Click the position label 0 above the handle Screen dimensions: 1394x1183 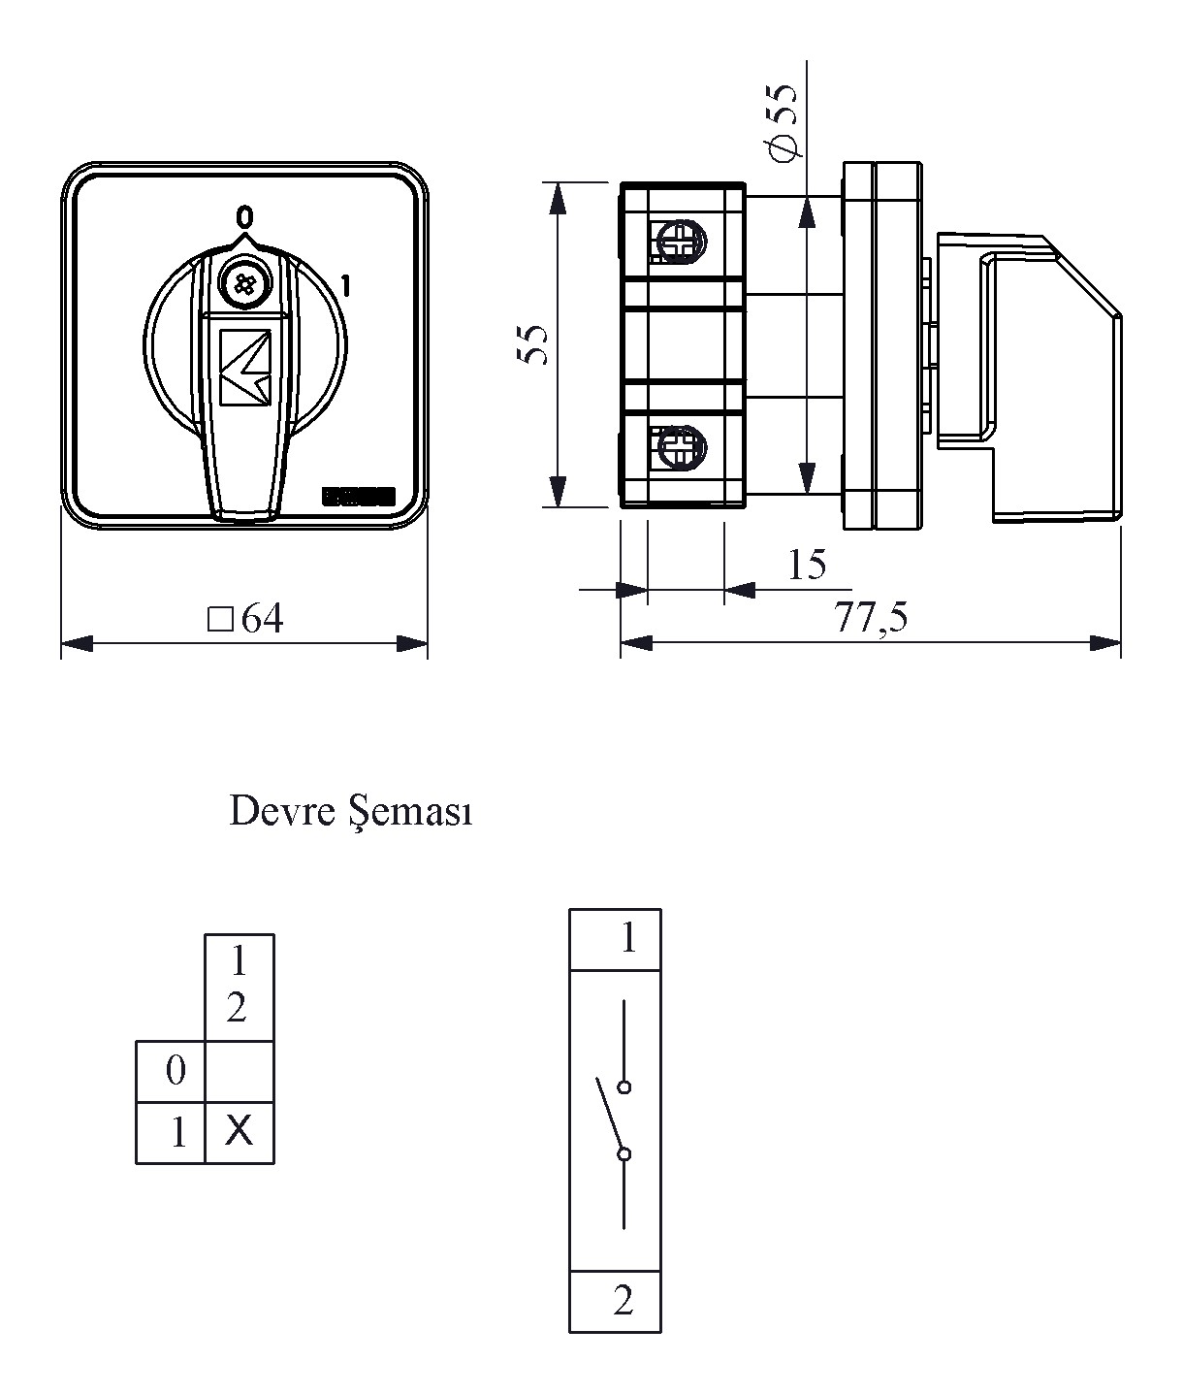[244, 214]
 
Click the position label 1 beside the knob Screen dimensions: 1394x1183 [344, 285]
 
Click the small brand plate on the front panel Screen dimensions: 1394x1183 [359, 497]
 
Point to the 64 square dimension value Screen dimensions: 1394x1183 [248, 619]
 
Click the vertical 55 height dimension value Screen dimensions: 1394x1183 [534, 344]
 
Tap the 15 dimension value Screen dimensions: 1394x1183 [807, 565]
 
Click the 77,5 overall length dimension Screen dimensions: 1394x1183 [872, 618]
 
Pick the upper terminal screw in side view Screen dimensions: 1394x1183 [681, 241]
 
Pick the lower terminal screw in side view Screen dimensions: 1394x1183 [681, 447]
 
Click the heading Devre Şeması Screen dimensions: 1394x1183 [350, 812]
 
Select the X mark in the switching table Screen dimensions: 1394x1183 [239, 1130]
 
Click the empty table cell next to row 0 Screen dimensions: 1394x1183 [240, 1072]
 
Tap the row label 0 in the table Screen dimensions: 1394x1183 [176, 1072]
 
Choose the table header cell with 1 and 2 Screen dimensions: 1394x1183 [239, 987]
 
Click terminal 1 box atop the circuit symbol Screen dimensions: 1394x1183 [615, 939]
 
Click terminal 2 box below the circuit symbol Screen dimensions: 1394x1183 [615, 1301]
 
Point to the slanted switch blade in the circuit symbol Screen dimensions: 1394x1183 [610, 1116]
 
